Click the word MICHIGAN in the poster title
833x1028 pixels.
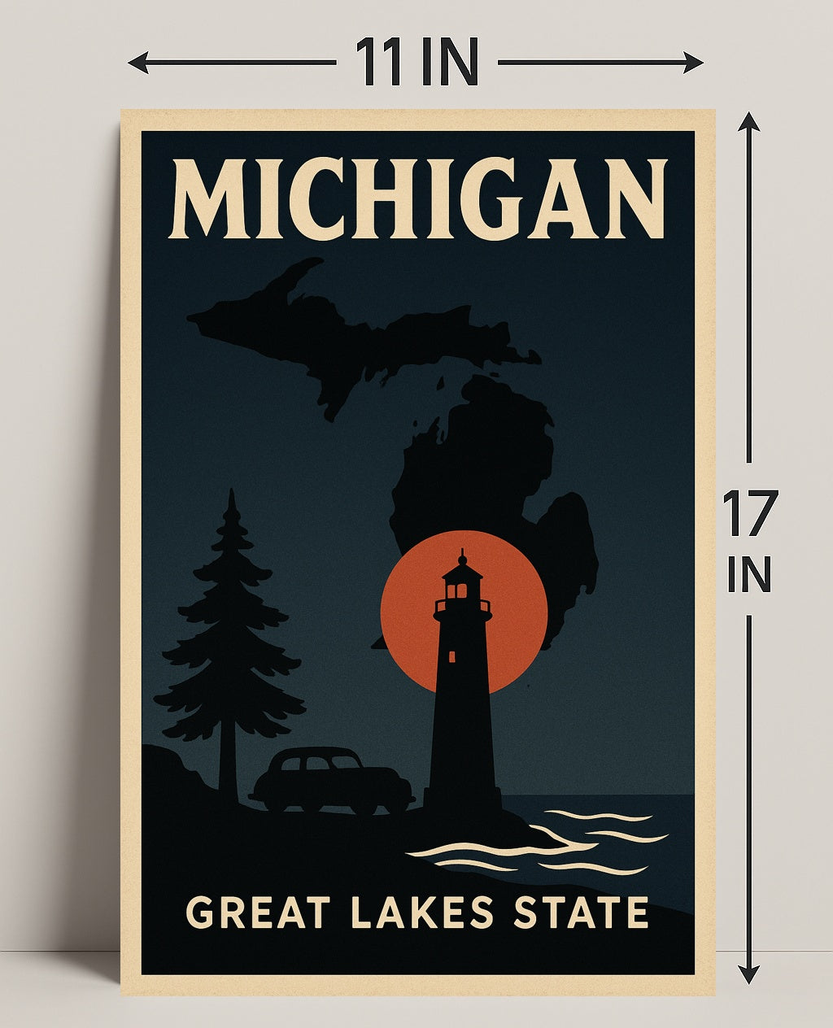(x=418, y=199)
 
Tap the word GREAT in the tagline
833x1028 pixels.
(x=257, y=912)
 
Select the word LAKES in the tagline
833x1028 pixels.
(x=421, y=912)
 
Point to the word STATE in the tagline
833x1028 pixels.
(x=580, y=912)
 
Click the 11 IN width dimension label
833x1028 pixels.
(x=416, y=63)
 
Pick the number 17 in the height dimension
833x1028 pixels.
(x=749, y=514)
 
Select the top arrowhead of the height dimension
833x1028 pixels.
(x=748, y=123)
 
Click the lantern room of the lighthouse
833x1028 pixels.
(x=462, y=587)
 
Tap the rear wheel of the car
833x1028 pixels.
(x=277, y=800)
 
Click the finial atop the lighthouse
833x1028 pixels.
(x=462, y=555)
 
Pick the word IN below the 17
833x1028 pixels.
(x=748, y=575)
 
